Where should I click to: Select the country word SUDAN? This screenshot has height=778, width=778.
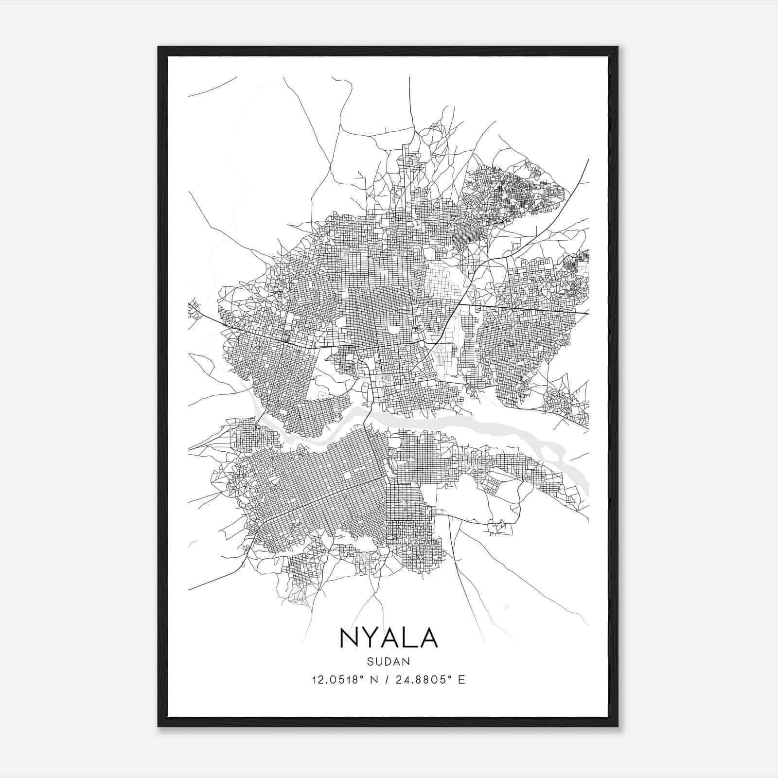pos(389,661)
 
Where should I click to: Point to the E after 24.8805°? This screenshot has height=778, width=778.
pos(462,679)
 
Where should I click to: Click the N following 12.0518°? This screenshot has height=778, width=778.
pos(375,679)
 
